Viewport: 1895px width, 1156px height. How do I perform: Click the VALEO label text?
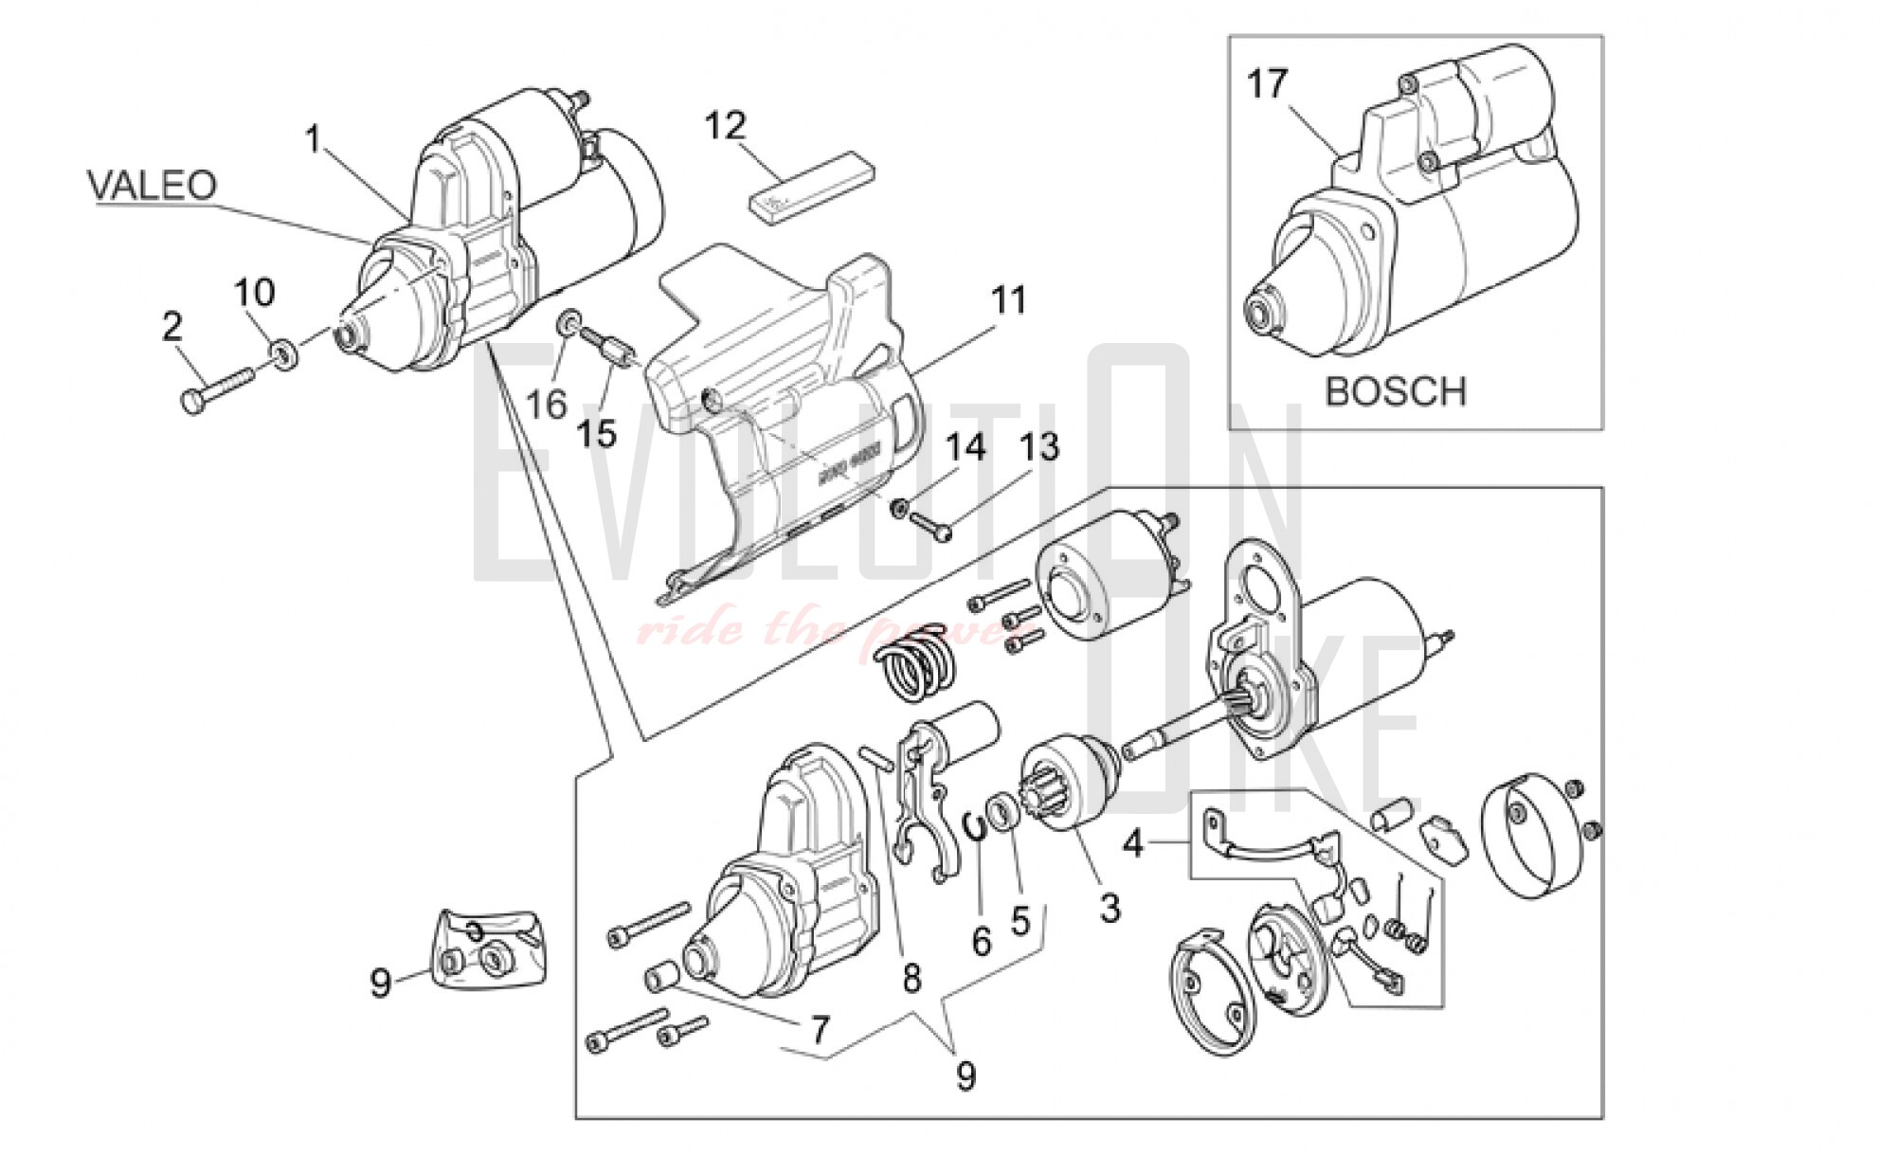(153, 185)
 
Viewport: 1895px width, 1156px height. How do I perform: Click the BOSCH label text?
(1395, 391)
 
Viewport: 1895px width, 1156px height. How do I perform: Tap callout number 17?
(1268, 84)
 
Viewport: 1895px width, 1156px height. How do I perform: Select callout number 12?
(726, 125)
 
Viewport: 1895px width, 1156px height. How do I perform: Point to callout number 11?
(1008, 300)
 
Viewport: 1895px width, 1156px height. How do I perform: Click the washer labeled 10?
(283, 354)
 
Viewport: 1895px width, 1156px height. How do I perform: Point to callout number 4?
(1133, 841)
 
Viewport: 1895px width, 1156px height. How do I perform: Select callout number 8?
(911, 978)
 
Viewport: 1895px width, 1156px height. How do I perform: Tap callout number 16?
(546, 404)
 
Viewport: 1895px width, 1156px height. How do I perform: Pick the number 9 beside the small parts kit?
(380, 983)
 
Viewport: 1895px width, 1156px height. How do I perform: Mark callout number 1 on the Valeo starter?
(314, 139)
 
